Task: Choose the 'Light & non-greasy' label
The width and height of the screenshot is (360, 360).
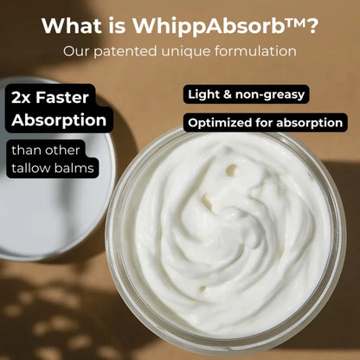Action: point(245,93)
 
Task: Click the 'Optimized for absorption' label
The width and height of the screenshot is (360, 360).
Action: point(266,122)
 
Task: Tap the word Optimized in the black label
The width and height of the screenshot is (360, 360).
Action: point(218,122)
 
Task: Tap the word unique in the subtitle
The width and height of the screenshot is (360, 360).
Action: point(191,51)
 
